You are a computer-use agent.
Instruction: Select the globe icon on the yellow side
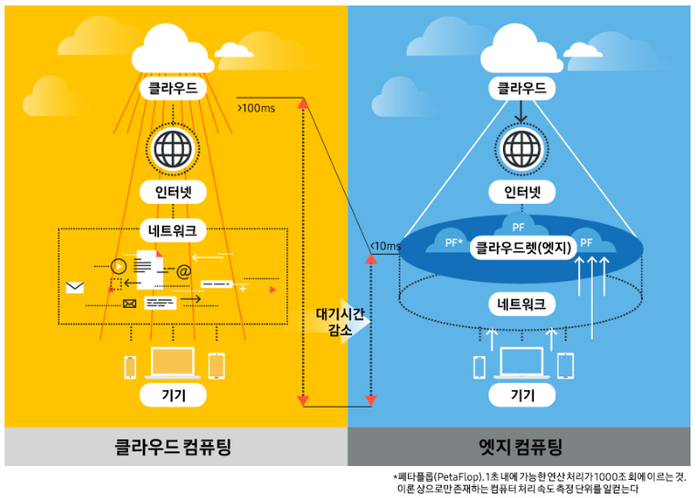[174, 147]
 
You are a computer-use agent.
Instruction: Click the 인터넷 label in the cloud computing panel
[174, 193]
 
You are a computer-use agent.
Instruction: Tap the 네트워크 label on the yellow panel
[174, 228]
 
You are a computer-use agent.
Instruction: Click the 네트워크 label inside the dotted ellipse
[522, 304]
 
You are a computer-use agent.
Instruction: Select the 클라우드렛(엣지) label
[522, 247]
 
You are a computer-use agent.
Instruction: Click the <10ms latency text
[385, 246]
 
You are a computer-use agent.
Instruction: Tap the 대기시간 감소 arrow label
[339, 322]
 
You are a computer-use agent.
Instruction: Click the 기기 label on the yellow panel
[174, 395]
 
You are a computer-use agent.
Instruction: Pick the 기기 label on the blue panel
[522, 395]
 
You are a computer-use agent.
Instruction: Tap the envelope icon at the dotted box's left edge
[75, 288]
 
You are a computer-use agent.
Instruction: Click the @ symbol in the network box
[183, 271]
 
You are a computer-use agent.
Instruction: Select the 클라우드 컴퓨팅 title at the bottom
[173, 448]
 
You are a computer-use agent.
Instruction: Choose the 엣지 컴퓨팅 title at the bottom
[520, 448]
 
